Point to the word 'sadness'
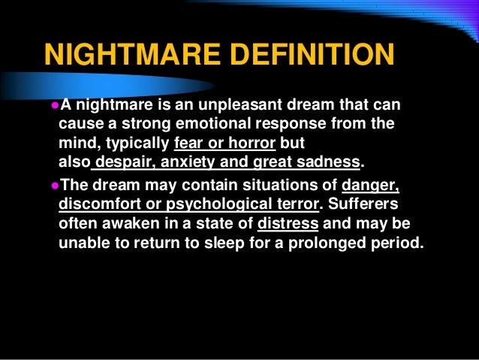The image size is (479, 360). point(328,162)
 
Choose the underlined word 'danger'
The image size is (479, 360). point(370,186)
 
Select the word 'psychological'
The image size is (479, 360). point(215,205)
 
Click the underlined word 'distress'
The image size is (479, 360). point(288,225)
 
